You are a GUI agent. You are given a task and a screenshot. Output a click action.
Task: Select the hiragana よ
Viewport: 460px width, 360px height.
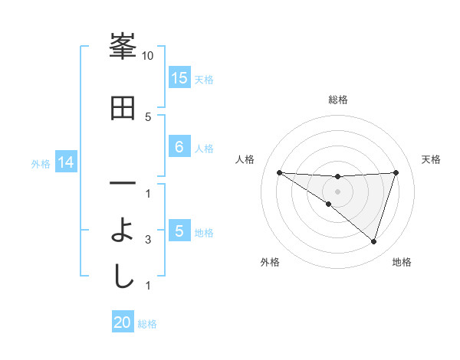pos(123,231)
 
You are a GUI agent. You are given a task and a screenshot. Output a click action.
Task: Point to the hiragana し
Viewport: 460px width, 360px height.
pos(123,275)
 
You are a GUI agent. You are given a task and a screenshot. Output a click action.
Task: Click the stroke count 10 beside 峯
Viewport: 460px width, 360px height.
pos(148,56)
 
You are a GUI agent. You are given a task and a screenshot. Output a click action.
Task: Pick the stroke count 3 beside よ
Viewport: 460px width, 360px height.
pos(148,240)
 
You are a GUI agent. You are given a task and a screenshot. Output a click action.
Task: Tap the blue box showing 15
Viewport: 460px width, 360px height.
pos(179,78)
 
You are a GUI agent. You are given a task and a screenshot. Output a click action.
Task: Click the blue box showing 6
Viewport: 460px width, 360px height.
pos(179,147)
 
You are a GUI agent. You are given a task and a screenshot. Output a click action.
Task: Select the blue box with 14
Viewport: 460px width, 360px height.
pos(66,162)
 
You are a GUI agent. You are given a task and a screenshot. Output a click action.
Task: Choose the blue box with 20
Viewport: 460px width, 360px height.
pos(123,322)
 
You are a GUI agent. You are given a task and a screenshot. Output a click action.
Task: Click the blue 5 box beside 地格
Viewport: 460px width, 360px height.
pos(179,231)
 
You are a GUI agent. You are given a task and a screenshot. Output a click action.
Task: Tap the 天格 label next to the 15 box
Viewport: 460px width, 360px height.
pos(204,79)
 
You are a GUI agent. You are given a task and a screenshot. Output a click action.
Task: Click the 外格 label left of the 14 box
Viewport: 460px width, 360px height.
pos(41,163)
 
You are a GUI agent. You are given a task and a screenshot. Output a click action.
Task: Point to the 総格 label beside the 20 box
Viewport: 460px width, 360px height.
pos(147,323)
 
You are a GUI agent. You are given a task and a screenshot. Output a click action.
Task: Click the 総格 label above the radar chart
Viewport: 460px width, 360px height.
pos(337,100)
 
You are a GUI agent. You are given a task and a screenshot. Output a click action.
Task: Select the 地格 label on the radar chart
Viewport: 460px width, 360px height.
pos(402,262)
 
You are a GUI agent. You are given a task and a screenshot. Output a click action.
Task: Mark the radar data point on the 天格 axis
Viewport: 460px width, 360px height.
pos(396,172)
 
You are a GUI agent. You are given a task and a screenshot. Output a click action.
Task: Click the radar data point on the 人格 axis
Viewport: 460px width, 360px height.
pos(279,172)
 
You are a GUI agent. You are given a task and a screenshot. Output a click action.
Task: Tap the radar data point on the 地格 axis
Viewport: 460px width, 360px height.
pos(374,241)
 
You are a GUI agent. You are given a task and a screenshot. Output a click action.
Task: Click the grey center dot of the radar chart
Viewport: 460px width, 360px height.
pos(337,191)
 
